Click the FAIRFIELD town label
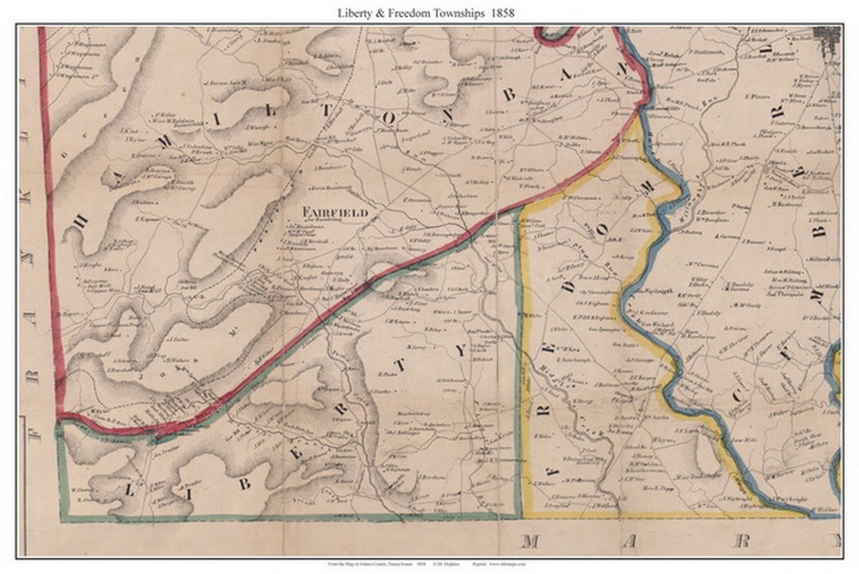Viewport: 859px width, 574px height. tap(334, 213)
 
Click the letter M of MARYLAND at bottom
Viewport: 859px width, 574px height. tap(529, 541)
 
